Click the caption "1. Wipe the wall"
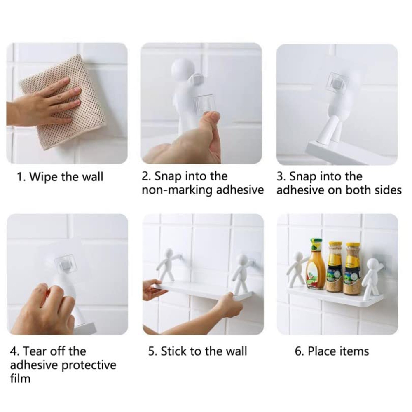60,177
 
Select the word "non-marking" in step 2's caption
177,190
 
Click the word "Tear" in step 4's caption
34,351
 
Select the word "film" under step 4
20,379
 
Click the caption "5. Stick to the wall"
198,351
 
